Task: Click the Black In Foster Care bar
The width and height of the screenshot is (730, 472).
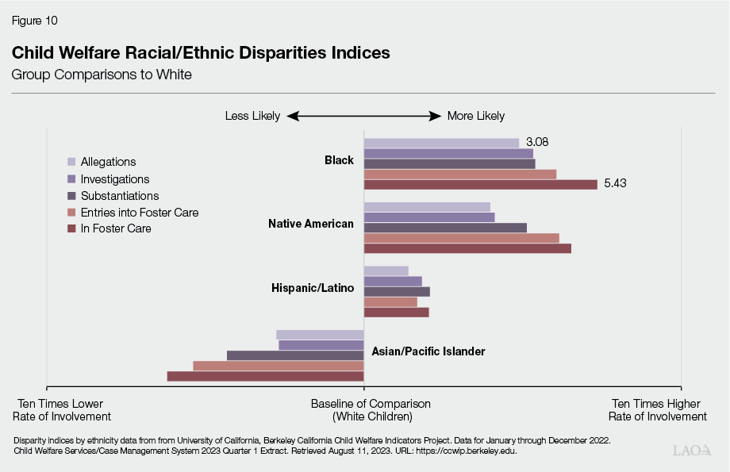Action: click(480, 185)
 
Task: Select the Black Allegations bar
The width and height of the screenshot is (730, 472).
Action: click(441, 143)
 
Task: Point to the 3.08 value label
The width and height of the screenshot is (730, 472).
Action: click(536, 143)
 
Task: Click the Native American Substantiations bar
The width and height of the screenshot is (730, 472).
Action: click(445, 228)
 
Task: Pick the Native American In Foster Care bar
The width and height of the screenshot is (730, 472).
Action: click(467, 248)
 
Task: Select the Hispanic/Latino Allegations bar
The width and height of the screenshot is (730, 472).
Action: click(386, 271)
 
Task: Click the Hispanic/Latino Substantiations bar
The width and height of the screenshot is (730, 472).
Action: click(397, 291)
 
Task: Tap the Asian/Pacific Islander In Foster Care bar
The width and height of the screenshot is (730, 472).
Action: click(265, 376)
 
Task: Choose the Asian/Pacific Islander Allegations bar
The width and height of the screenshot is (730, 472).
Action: click(320, 335)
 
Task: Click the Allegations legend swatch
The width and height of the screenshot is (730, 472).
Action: click(71, 163)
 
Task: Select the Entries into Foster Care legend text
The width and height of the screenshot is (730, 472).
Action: click(140, 213)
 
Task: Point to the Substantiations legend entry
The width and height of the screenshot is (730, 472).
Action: click(119, 196)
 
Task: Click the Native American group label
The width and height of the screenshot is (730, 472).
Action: click(311, 224)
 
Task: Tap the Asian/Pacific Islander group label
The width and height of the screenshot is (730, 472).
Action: click(428, 351)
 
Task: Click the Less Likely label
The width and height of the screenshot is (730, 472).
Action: click(252, 116)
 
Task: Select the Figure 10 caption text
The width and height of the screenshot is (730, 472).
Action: click(34, 20)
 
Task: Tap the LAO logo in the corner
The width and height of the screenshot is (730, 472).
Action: click(693, 451)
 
